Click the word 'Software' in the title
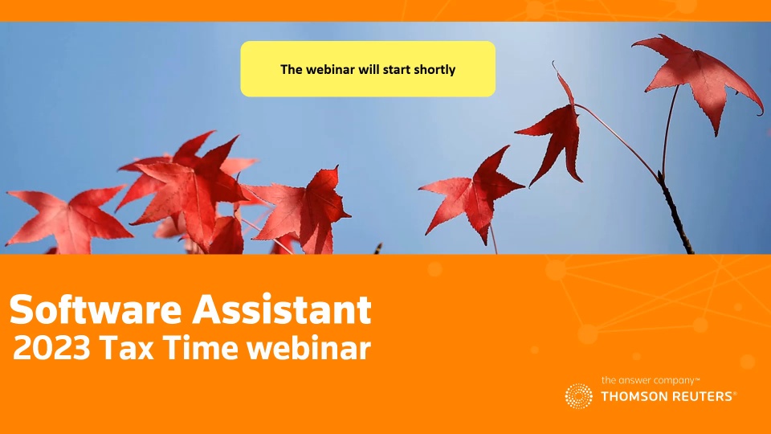tap(96, 309)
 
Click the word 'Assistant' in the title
tap(282, 309)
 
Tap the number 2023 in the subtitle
tap(51, 348)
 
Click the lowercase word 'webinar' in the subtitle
tap(308, 348)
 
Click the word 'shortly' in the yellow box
tap(434, 70)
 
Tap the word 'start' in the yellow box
tap(397, 70)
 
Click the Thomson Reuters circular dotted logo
tap(579, 396)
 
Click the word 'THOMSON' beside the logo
tap(631, 396)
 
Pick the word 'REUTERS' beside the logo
tap(700, 396)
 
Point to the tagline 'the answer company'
tap(648, 380)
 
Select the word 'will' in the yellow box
tap(369, 69)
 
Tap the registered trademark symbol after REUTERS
tap(735, 394)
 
